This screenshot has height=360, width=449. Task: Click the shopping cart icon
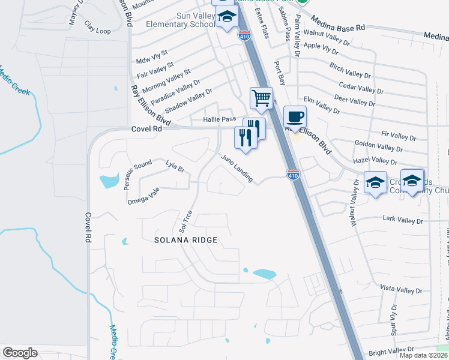[261, 97]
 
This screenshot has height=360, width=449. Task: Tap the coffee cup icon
[294, 116]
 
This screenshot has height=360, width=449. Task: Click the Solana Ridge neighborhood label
[185, 240]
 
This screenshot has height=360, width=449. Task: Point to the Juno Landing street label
[237, 169]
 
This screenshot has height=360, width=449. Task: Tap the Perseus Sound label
[137, 175]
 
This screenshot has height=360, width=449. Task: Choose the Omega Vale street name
[143, 196]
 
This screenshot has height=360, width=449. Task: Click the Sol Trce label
[185, 221]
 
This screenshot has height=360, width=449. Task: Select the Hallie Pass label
[219, 120]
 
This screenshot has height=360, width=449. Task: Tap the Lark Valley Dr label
[403, 221]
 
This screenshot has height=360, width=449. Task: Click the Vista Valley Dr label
[402, 289]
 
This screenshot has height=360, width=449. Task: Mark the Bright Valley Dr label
[392, 351]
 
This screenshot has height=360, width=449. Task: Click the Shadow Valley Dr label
[188, 101]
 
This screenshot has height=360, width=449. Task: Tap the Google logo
[20, 352]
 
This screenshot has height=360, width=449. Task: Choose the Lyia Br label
[173, 167]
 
